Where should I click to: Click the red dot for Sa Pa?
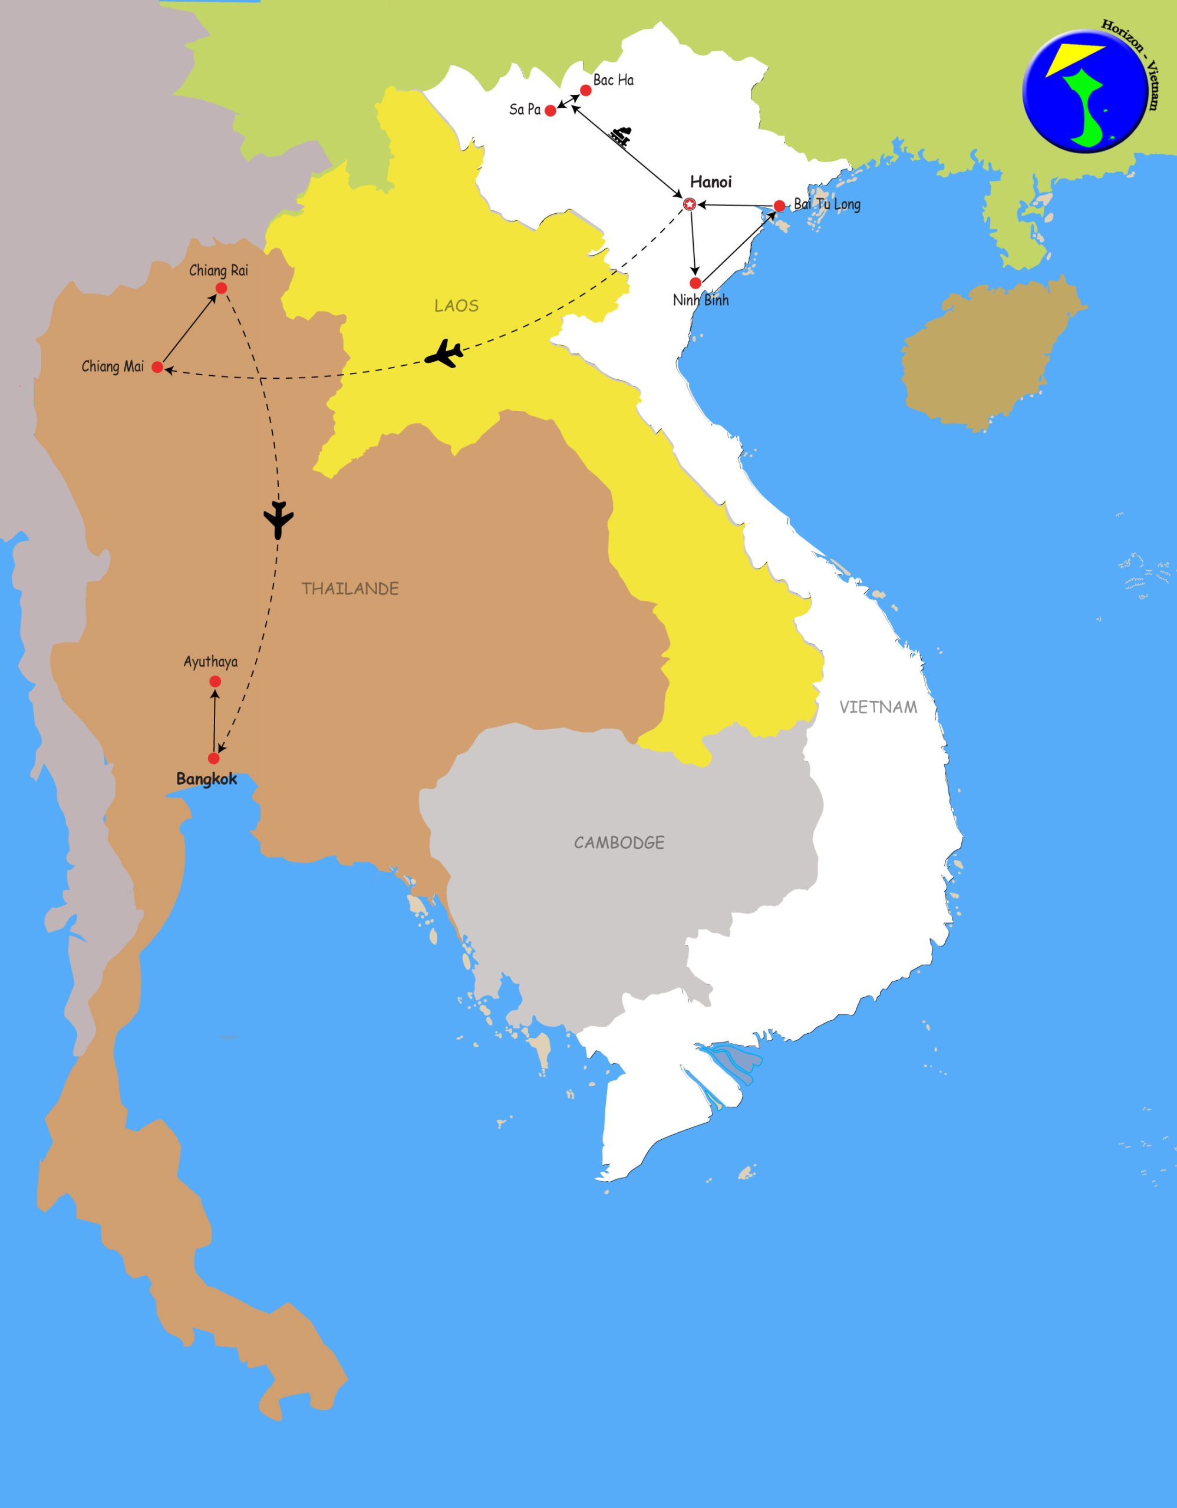click(550, 111)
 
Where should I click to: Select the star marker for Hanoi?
click(688, 204)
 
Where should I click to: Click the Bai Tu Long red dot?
click(779, 205)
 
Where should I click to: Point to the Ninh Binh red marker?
click(695, 283)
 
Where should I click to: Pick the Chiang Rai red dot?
click(221, 288)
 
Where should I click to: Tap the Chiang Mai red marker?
click(157, 368)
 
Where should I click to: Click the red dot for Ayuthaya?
click(215, 682)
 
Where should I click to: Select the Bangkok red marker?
click(213, 758)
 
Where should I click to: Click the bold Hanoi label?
click(711, 182)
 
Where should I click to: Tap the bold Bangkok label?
click(206, 779)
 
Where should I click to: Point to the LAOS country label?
click(457, 306)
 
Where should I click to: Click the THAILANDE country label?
click(350, 589)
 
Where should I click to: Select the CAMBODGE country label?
click(619, 842)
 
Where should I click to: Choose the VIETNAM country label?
click(878, 707)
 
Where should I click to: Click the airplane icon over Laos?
click(444, 354)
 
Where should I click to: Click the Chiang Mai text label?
click(113, 366)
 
